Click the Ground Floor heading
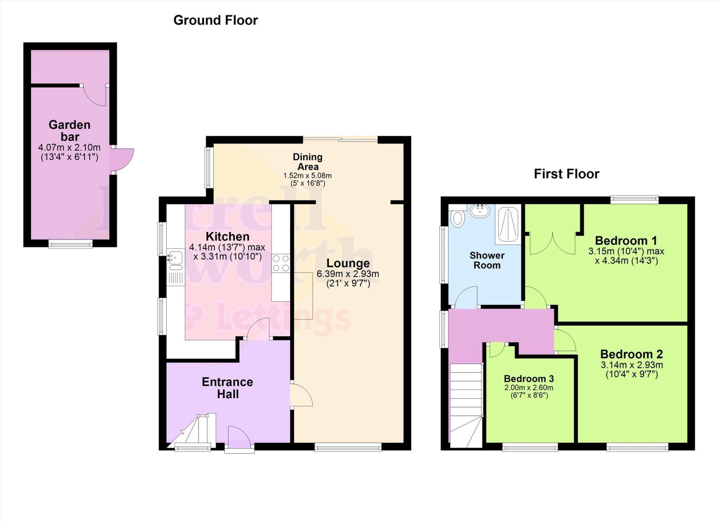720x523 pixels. coord(216,20)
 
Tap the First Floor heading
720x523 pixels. coord(566,174)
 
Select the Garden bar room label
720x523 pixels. coord(69,130)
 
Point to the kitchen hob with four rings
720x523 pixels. coord(281,263)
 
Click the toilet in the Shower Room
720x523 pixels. coord(457,218)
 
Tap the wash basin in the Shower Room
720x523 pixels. coord(480,211)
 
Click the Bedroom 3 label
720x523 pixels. coord(528,379)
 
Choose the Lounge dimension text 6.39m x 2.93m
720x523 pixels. coord(348,274)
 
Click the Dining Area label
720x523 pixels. coord(308,162)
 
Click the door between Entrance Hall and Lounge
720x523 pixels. coord(301,395)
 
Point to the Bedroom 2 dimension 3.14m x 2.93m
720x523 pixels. coord(631,365)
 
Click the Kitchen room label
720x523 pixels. coord(227,236)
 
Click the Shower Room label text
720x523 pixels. coord(487,260)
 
